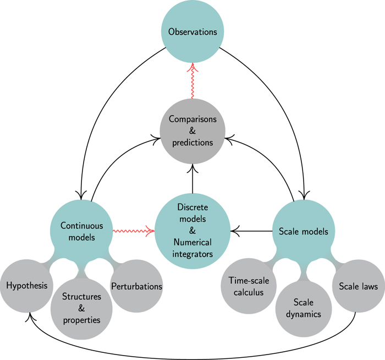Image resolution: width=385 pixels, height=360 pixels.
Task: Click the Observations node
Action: [x=193, y=31]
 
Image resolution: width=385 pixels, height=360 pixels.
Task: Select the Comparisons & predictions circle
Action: [x=193, y=130]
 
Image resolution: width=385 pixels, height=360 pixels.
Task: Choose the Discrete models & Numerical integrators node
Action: [x=193, y=230]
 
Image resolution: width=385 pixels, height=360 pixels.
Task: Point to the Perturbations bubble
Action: [x=136, y=286]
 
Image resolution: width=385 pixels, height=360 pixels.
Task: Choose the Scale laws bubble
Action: [x=358, y=286]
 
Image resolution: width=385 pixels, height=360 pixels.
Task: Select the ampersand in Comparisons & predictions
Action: [x=193, y=130]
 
